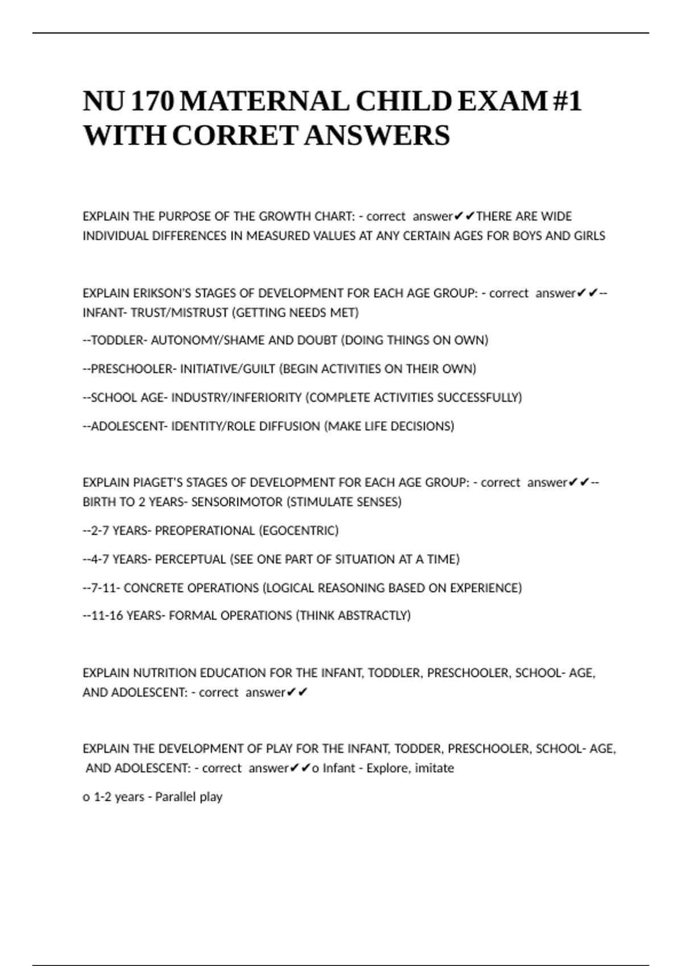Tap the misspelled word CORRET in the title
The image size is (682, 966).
point(235,136)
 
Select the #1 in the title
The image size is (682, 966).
point(567,102)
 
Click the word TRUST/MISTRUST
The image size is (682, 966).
point(180,313)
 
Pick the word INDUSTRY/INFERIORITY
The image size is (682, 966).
point(236,398)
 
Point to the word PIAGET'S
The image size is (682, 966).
point(157,482)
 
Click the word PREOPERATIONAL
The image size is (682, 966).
point(205,531)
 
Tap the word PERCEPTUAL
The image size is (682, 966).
point(190,559)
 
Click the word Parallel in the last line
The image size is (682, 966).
point(175,797)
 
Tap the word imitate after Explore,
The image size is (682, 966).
point(434,768)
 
